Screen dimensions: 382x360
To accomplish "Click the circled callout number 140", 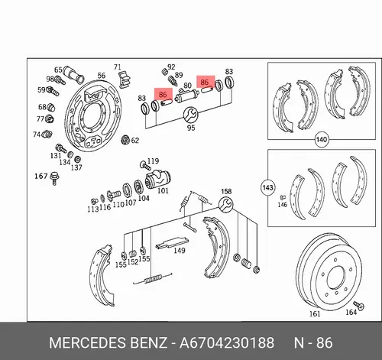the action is tap(322, 140).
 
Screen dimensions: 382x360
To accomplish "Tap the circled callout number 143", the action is tap(267, 187).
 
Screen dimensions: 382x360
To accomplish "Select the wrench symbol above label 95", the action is tap(190, 115).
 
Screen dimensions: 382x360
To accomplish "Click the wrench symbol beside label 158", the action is tap(225, 204).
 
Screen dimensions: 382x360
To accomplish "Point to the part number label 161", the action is tap(315, 314).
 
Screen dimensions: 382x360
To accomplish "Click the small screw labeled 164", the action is tap(358, 305).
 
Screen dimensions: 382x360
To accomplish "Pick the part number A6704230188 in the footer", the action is tap(227, 342).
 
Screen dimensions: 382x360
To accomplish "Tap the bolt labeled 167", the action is tap(54, 178).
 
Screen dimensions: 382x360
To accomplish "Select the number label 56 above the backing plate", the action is tap(102, 76).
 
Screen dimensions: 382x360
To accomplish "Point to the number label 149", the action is tap(180, 251).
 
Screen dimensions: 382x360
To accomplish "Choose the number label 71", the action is tap(118, 67).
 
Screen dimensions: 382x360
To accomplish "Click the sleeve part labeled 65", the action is tap(73, 73).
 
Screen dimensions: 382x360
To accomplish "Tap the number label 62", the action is tap(135, 141).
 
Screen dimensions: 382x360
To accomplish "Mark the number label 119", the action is tap(153, 161).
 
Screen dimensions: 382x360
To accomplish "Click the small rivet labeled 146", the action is tap(283, 197).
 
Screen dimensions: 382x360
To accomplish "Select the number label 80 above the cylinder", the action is tap(187, 85).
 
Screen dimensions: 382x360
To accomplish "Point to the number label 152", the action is tap(133, 262).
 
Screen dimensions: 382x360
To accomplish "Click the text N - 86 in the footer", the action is tap(313, 342).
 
